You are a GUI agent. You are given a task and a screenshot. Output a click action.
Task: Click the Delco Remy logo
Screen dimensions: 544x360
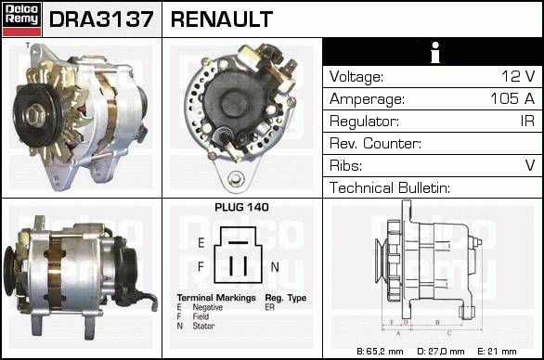click(22, 19)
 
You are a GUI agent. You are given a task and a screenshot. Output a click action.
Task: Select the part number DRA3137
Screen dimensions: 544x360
click(101, 19)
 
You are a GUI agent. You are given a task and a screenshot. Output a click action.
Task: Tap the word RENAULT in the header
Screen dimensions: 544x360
click(222, 19)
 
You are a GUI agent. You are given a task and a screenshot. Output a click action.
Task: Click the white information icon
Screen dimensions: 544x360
click(435, 52)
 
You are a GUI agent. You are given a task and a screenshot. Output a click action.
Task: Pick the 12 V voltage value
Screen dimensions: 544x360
click(518, 76)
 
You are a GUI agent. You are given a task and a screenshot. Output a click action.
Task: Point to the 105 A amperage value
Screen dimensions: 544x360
click(512, 98)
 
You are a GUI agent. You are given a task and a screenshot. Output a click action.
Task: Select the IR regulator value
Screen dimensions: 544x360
click(527, 121)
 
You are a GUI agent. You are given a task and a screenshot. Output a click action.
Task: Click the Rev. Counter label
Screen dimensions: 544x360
click(375, 143)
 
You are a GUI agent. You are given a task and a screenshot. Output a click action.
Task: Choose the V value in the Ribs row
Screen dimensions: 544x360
click(530, 165)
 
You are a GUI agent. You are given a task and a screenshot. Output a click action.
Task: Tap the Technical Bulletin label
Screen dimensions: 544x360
click(390, 187)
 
